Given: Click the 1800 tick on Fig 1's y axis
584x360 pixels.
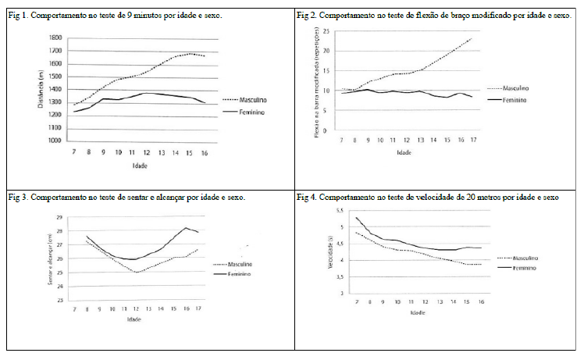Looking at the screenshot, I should pyautogui.click(x=55, y=37).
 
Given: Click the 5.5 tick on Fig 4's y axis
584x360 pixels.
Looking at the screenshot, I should pyautogui.click(x=340, y=212).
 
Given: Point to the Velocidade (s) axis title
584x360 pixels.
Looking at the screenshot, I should pyautogui.click(x=330, y=251).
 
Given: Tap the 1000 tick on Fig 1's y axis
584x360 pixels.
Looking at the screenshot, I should pyautogui.click(x=55, y=141).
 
